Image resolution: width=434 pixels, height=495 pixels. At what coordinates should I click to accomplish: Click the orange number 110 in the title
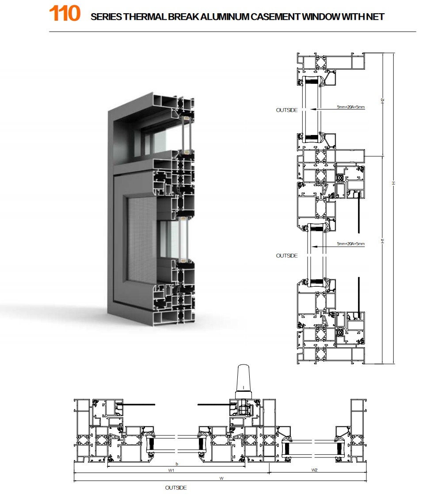coord(65,14)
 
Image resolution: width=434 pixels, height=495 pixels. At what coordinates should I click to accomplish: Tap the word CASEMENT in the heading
coord(275,17)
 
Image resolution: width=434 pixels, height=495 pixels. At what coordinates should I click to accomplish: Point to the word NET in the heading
coord(375,17)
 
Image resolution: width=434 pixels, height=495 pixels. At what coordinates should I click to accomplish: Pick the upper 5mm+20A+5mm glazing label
coord(351,107)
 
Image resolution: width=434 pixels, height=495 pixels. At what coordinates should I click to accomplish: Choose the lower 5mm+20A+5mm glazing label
coord(351,244)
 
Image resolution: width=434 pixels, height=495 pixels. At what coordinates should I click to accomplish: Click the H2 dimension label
coord(382,101)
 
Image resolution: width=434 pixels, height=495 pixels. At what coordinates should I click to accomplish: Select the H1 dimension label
coord(382,240)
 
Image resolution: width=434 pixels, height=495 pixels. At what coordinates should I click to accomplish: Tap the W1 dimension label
coord(171,470)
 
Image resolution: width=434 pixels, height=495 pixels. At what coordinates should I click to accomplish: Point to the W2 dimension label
coord(314,470)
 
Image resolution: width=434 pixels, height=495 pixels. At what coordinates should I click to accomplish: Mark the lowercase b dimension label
coord(177,464)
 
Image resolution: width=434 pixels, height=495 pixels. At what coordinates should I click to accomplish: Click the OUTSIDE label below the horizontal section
coord(176,488)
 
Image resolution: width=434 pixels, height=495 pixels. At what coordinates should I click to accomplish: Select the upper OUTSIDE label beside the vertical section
coord(287,110)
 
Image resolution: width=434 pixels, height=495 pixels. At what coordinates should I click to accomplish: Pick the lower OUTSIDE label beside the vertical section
coord(287,256)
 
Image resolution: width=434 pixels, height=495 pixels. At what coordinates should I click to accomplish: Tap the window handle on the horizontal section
coord(244,382)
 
